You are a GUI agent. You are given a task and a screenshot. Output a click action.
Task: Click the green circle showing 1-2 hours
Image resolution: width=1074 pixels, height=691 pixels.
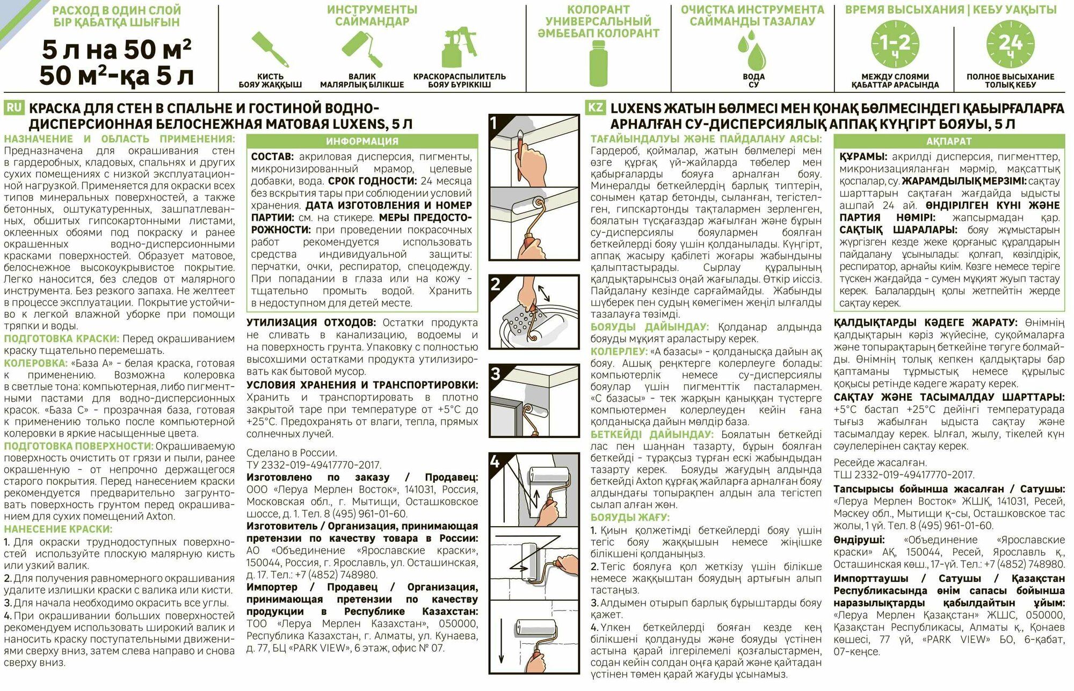pos(894,44)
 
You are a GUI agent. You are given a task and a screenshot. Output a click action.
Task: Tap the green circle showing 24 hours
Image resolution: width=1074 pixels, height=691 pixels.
pos(1010,44)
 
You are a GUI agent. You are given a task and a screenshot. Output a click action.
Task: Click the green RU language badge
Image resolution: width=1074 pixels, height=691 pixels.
pos(13,108)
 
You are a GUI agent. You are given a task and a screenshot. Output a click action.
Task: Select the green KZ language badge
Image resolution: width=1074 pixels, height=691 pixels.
pos(595,108)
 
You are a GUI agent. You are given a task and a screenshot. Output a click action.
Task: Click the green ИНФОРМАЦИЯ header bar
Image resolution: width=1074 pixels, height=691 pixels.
pos(362,141)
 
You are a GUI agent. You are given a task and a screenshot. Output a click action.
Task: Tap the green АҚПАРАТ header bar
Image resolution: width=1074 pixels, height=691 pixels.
pos(949,141)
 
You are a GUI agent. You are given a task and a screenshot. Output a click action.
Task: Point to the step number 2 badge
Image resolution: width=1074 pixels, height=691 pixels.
pos(496,284)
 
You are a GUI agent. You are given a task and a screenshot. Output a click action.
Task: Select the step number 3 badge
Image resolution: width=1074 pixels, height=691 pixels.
pos(496,373)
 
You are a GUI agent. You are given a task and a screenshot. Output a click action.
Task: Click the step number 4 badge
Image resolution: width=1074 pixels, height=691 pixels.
pos(496,462)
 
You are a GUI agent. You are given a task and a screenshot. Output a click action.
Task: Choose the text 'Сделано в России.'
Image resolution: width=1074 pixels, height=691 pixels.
pos(292,453)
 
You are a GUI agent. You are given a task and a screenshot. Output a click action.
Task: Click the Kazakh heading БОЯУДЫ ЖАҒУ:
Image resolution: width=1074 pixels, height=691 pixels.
pos(630,517)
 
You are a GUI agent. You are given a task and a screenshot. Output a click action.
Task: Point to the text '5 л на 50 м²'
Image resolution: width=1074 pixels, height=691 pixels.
pos(117,50)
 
